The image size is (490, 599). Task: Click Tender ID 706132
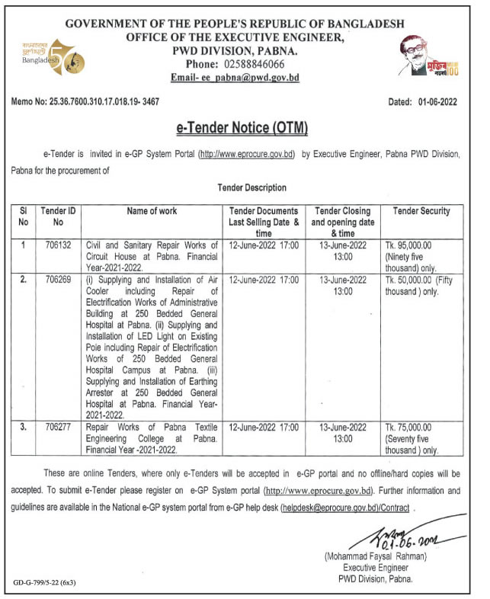(56, 245)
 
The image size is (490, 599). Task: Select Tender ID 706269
(56, 280)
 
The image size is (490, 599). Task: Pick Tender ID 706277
(56, 428)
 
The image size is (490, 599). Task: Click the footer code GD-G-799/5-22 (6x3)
(45, 584)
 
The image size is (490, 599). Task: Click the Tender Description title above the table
(252, 187)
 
